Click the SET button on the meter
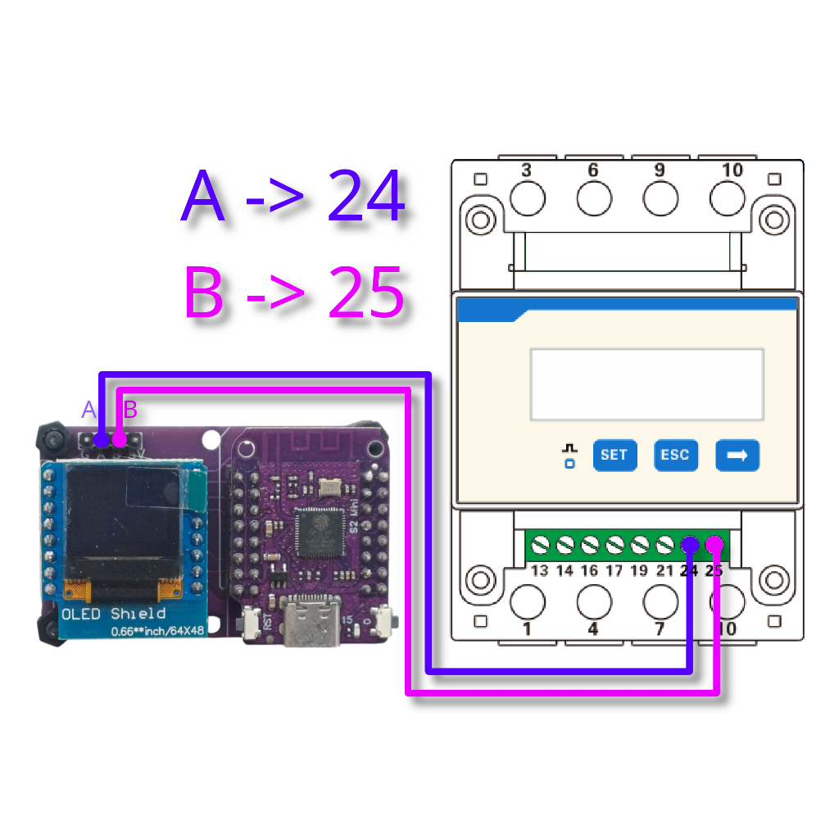(615, 455)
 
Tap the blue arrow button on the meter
(737, 455)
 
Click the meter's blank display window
(646, 384)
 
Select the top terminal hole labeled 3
(528, 198)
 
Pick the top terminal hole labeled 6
(594, 198)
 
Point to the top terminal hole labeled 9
(660, 198)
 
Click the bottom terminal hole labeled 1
(528, 602)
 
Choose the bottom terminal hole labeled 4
(594, 602)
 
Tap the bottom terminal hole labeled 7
(660, 602)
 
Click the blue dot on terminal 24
(690, 545)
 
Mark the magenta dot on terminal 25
(714, 544)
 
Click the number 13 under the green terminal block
(539, 571)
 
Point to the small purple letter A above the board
(89, 410)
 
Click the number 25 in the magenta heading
(366, 293)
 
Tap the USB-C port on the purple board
(311, 628)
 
